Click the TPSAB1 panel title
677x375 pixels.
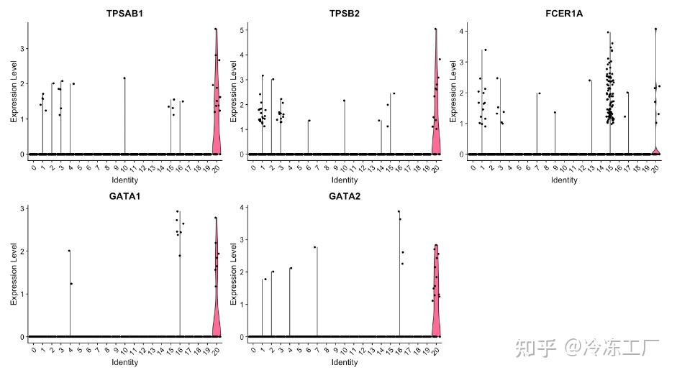click(x=124, y=13)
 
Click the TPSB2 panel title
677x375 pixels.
click(x=344, y=13)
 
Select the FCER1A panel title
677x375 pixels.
click(x=564, y=13)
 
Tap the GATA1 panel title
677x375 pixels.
click(x=124, y=195)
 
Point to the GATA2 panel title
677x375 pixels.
click(x=344, y=195)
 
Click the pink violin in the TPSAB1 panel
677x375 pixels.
click(x=216, y=108)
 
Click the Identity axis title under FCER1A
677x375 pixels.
click(x=564, y=180)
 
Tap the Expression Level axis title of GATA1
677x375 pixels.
click(x=13, y=273)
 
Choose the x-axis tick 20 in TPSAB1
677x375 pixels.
click(x=216, y=168)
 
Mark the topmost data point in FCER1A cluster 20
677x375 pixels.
click(x=655, y=29)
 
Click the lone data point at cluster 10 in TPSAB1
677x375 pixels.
click(x=124, y=78)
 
